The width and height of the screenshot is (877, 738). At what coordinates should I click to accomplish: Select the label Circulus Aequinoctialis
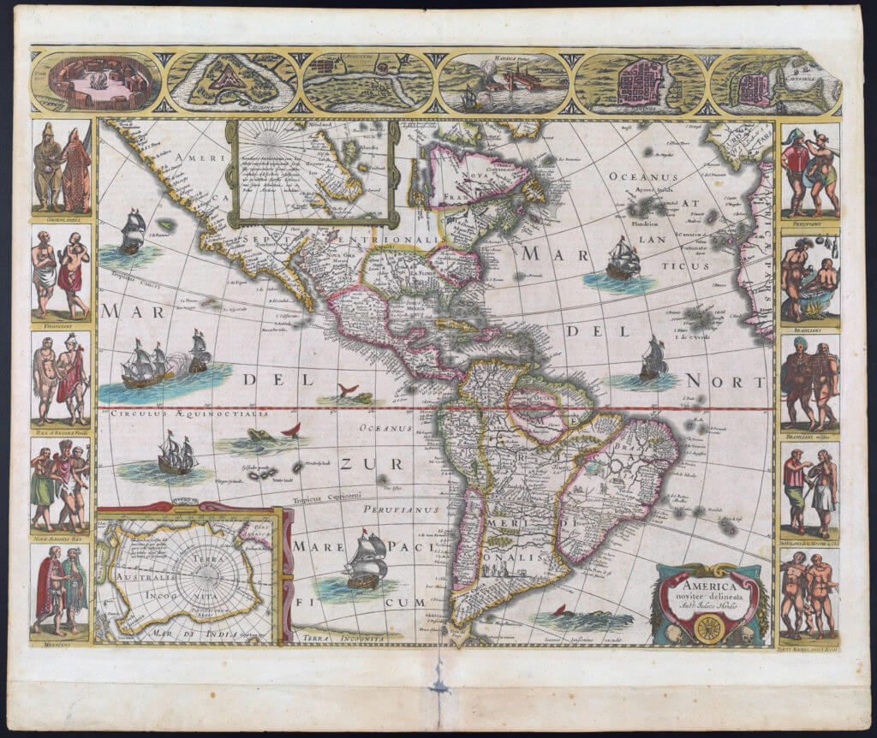click(x=188, y=414)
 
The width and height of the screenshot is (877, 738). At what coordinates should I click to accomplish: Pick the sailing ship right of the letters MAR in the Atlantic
click(x=623, y=259)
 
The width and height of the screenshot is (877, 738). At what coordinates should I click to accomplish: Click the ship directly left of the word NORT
click(x=653, y=360)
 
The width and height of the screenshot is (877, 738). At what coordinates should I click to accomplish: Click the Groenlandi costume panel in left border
click(x=62, y=170)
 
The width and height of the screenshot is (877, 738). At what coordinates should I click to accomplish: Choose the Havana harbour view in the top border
click(x=504, y=84)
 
